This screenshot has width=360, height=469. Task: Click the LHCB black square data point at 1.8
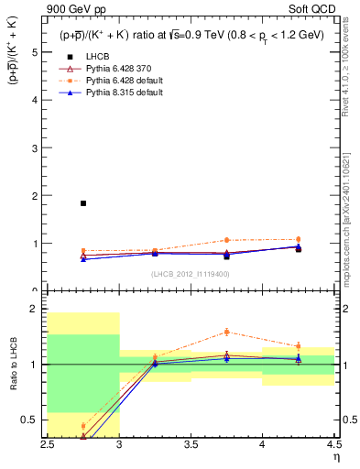click(83, 203)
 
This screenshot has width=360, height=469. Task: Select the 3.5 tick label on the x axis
click(191, 444)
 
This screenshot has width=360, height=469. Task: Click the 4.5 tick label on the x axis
click(333, 444)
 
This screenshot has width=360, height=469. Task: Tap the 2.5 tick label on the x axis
click(48, 444)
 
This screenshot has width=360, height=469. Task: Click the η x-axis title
click(336, 456)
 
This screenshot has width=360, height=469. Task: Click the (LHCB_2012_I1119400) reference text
click(191, 273)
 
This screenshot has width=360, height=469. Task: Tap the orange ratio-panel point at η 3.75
click(226, 332)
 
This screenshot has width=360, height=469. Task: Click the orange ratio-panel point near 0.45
click(83, 426)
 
